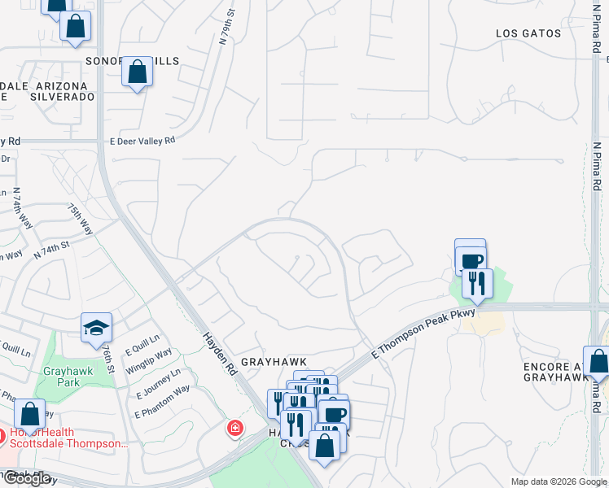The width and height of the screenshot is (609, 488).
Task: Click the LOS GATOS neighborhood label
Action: [x=528, y=33]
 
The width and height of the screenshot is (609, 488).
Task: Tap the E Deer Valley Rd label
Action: [x=142, y=140]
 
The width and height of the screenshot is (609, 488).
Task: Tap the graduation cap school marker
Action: [x=96, y=327]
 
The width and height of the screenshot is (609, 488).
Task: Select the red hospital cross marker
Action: [x=235, y=428]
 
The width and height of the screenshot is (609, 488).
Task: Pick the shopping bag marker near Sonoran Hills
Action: [x=138, y=72]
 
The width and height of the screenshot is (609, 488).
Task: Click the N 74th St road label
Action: [x=53, y=249]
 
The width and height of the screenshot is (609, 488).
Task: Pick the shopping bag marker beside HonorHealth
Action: [x=30, y=414]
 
